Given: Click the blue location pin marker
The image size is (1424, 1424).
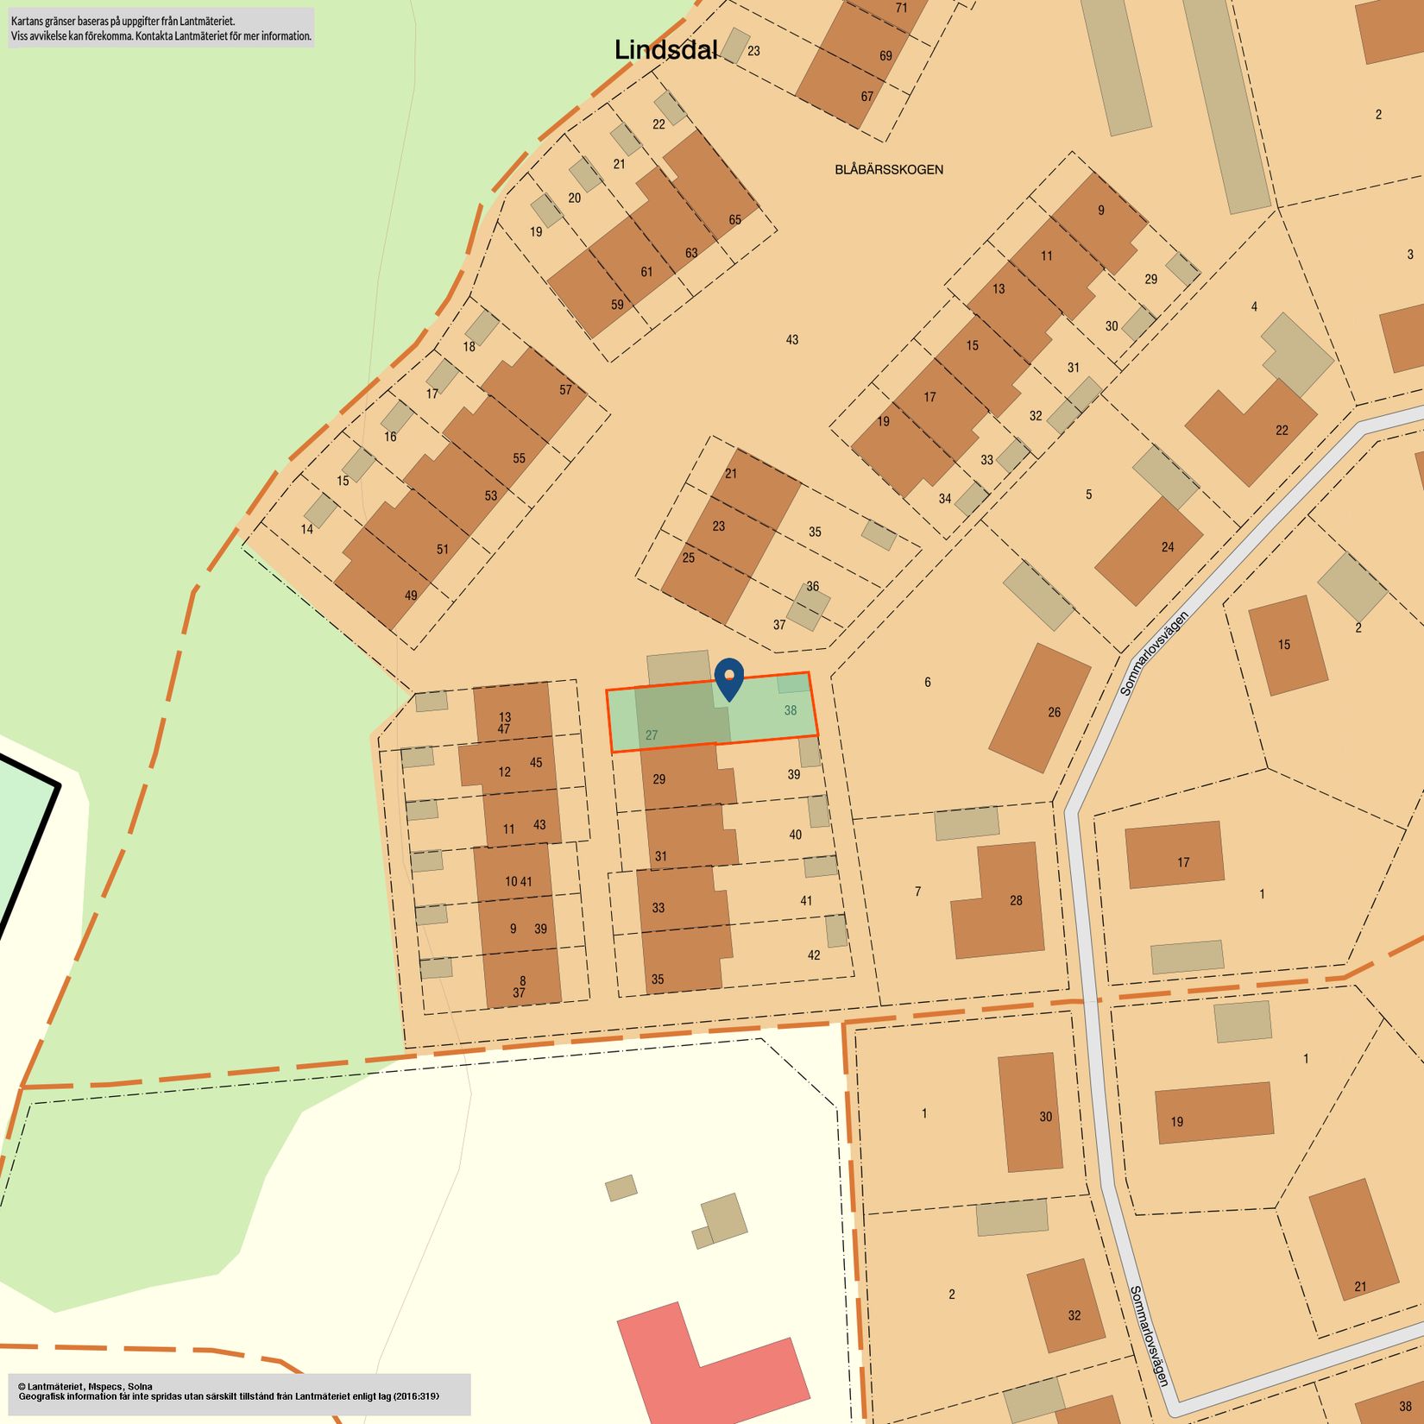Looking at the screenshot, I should pos(729,679).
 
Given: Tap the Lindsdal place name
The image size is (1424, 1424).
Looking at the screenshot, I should pos(665,50).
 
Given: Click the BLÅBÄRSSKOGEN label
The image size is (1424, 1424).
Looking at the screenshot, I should pos(888,169).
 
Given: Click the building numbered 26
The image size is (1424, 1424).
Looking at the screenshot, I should pos(1039,708).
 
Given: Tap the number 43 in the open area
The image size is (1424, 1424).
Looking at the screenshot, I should pos(791,340).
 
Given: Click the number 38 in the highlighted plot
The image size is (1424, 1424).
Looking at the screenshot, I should pos(790,710).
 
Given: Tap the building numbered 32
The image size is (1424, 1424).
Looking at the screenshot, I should pos(1065,1306).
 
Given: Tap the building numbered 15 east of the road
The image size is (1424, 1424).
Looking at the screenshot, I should pos(1287,645).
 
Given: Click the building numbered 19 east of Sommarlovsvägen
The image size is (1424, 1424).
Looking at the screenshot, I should pos(1213,1112).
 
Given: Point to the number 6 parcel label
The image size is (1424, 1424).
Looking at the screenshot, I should pos(927,682).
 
